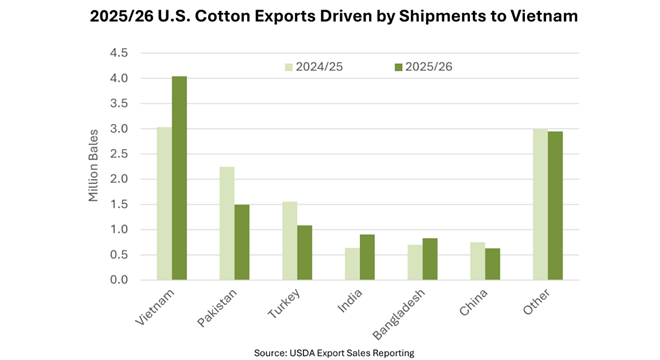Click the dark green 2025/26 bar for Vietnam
click(179, 178)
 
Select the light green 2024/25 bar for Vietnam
click(165, 203)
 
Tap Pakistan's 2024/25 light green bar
click(227, 223)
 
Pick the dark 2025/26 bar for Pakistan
click(242, 242)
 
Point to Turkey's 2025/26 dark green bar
click(305, 253)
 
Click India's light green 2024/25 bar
click(353, 264)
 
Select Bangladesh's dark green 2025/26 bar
click(430, 259)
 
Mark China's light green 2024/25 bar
click(478, 261)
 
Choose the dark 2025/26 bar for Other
click(555, 206)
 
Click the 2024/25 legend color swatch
click(289, 67)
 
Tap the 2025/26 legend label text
click(429, 67)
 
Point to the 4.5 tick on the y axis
click(119, 53)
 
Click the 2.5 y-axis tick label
click(119, 154)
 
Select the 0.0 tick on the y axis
click(119, 280)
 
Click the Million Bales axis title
click(93, 165)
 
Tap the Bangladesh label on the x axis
click(399, 314)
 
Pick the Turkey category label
click(284, 303)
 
